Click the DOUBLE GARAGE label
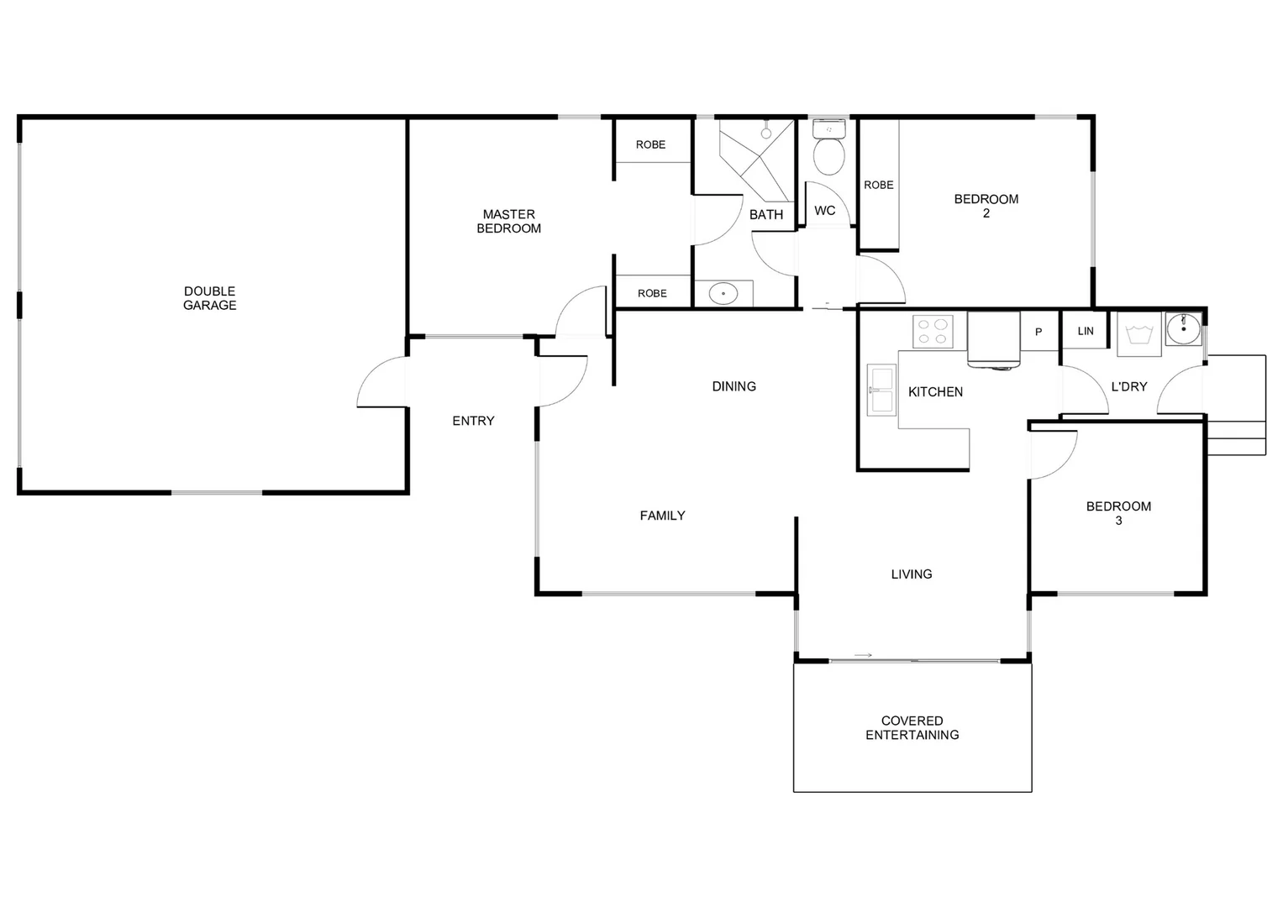coord(210,298)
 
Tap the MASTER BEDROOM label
coord(508,221)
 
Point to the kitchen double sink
coord(881,391)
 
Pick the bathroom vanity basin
coord(723,293)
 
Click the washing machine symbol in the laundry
coord(1138,333)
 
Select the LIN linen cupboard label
coord(1086,331)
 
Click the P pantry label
coord(1038,332)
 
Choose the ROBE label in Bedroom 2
coord(878,185)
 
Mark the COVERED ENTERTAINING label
coord(912,727)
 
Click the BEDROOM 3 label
coord(1118,513)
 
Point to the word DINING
coord(734,386)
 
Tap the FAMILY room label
coord(662,516)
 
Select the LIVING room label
coord(912,574)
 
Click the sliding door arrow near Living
coord(863,655)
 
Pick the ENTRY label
coord(473,421)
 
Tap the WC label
coord(824,211)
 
